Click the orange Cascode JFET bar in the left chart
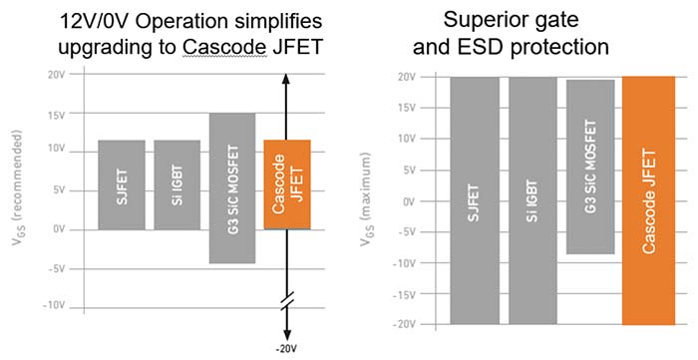point(287,184)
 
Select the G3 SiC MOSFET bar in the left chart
point(232,188)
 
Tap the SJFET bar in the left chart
point(122,185)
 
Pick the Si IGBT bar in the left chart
point(177,185)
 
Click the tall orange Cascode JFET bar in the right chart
point(648,200)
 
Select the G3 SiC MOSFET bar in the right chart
point(590,167)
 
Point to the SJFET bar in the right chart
point(475,200)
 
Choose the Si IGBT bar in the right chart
point(532,200)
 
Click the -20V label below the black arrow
point(286,349)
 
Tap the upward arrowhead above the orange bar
point(286,79)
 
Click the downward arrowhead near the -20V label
point(287,335)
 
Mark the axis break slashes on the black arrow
point(287,300)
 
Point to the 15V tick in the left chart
point(57,116)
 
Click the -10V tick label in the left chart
point(54,306)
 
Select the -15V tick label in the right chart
point(404,294)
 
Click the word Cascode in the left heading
point(224,47)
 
